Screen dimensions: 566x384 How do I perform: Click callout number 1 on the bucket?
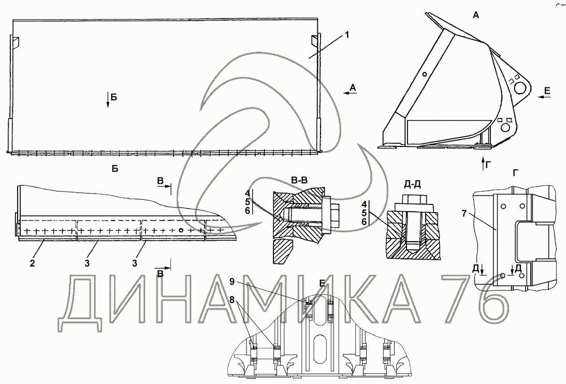coord(346,35)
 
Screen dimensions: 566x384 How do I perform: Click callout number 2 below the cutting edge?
coord(33,263)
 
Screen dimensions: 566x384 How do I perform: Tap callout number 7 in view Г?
coord(463,213)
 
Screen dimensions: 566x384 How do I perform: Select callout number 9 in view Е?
coord(232,281)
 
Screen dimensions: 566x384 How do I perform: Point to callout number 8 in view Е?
coord(232,299)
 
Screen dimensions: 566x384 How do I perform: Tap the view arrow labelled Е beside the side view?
coord(543,96)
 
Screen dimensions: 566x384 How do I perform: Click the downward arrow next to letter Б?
coord(108,99)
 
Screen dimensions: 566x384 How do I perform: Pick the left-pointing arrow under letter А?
coord(350,93)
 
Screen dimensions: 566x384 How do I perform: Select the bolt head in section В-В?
coord(335,216)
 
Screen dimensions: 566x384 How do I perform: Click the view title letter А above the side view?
coord(476,15)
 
